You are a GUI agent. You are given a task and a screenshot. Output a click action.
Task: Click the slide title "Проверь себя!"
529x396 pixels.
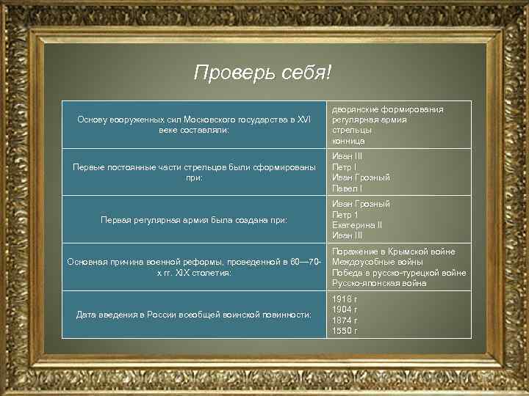pos(263,73)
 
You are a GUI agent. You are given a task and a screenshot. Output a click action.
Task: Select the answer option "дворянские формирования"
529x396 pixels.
pos(387,109)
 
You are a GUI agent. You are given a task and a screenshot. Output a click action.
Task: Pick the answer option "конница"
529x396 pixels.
pos(348,140)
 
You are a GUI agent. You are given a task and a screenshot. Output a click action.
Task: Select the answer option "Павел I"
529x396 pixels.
pos(347,188)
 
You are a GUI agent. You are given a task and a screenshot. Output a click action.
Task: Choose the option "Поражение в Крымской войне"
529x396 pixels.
pos(393,252)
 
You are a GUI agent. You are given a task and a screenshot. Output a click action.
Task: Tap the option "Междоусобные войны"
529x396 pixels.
pos(377,262)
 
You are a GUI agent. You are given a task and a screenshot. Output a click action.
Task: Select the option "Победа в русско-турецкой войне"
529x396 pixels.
pos(399,273)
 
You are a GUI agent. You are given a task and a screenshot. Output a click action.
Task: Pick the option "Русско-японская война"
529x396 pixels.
pos(378,283)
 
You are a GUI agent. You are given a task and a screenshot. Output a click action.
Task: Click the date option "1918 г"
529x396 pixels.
pos(345,300)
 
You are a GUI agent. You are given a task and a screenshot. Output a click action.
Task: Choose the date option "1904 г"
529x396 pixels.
pos(345,310)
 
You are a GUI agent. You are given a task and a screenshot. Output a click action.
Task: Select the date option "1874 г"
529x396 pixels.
pos(345,320)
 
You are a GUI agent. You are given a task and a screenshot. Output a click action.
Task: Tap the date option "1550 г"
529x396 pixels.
pos(345,331)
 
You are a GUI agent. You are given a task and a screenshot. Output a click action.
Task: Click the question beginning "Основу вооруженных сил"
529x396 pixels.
pos(194,124)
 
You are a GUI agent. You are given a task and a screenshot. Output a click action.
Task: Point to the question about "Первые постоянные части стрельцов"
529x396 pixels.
pos(194,172)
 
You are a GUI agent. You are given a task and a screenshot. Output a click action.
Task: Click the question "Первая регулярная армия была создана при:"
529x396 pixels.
pos(194,219)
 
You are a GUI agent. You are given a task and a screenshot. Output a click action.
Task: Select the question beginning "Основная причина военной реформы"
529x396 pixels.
pos(194,267)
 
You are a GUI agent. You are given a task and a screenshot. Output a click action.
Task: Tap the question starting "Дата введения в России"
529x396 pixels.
pos(194,315)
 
